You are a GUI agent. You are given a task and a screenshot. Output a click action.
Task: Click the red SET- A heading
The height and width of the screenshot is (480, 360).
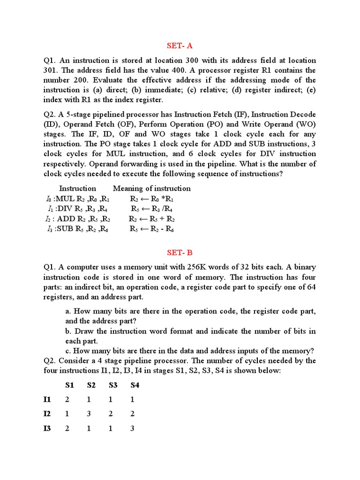pos(180,45)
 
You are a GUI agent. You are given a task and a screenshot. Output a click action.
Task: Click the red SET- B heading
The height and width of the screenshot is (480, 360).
pos(180,253)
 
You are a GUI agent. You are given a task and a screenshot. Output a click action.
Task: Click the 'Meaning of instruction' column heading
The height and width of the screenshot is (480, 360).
pos(152,188)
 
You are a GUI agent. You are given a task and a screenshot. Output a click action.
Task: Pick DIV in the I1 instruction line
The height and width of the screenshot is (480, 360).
pos(64,209)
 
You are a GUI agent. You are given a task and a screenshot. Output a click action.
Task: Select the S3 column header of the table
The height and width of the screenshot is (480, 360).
pos(113,385)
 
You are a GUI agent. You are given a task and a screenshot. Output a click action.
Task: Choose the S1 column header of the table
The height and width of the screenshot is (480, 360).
pos(69,385)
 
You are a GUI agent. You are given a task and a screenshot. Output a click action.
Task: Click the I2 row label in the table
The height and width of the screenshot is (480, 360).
pos(47,413)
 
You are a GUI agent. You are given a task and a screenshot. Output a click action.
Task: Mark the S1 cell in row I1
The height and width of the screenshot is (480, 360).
pos(67,399)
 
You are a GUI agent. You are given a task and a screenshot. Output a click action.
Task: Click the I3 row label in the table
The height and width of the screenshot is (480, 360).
pos(47,428)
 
